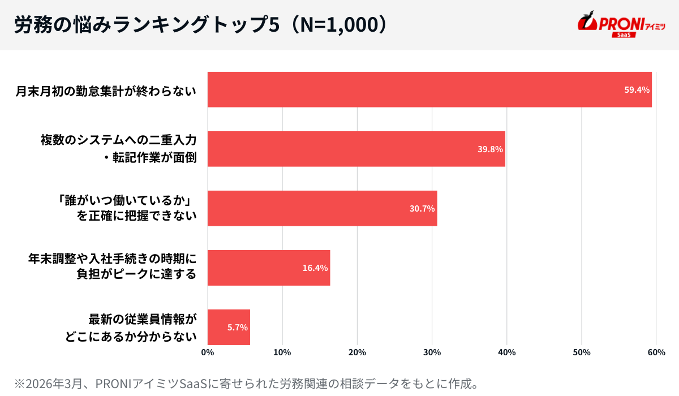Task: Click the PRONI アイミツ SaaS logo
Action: coord(621,25)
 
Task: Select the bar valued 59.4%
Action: coord(429,89)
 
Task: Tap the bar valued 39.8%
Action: coord(356,149)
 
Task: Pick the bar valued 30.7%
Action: coord(322,208)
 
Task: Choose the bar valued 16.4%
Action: coord(269,268)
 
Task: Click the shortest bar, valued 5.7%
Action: coord(229,327)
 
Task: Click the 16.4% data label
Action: coord(315,268)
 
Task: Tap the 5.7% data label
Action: coord(238,328)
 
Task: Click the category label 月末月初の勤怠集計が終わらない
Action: coord(106,91)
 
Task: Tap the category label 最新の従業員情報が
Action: coord(143,318)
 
